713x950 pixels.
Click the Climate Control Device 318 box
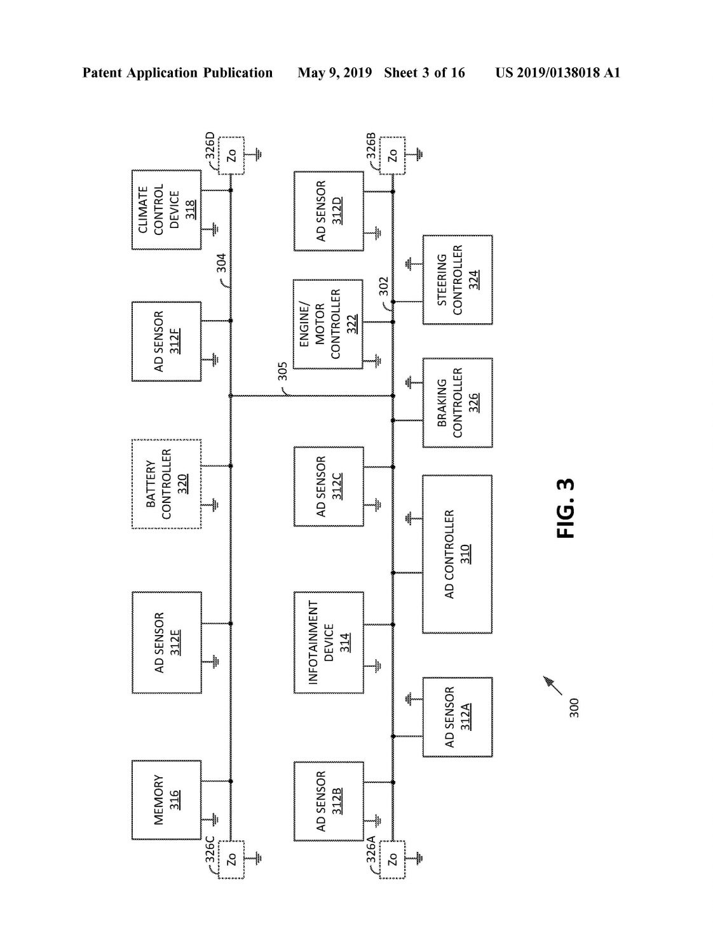pyautogui.click(x=166, y=210)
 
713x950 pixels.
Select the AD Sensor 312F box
pyautogui.click(x=166, y=342)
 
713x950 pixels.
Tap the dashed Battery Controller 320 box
pyautogui.click(x=166, y=484)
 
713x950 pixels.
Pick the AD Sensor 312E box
pyautogui.click(x=166, y=643)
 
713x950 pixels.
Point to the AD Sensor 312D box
pyautogui.click(x=329, y=211)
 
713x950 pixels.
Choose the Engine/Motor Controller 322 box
pyautogui.click(x=328, y=324)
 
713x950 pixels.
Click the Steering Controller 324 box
pyautogui.click(x=458, y=280)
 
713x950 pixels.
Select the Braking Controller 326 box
pyautogui.click(x=458, y=403)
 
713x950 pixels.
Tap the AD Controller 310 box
pyautogui.click(x=457, y=554)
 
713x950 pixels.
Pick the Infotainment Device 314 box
pyautogui.click(x=329, y=643)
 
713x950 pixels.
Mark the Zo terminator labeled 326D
pyautogui.click(x=231, y=156)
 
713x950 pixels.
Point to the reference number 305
pyautogui.click(x=282, y=371)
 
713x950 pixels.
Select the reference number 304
pyautogui.click(x=221, y=263)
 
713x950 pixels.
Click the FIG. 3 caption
pyautogui.click(x=566, y=508)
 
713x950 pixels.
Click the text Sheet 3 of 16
pyautogui.click(x=424, y=73)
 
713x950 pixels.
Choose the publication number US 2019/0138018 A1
pyautogui.click(x=557, y=73)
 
